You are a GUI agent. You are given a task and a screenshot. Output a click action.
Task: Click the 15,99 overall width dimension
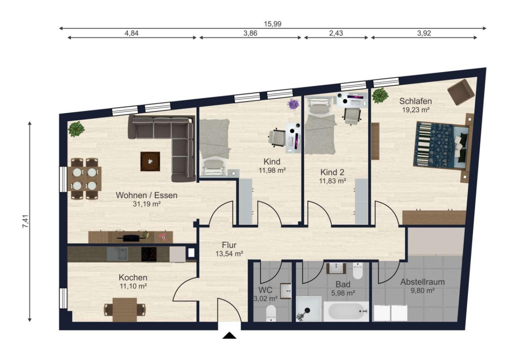point(273,24)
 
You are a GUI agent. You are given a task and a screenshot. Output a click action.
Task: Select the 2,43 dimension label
point(336,33)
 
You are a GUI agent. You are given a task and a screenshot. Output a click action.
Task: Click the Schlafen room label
point(416,101)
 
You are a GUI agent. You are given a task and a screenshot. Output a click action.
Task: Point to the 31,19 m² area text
point(147,204)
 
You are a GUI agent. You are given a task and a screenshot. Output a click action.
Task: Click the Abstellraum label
point(423,282)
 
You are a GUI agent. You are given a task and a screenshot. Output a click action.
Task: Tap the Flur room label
point(229,245)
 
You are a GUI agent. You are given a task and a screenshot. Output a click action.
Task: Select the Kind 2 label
point(332,172)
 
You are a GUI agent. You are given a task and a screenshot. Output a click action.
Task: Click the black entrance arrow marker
point(229,335)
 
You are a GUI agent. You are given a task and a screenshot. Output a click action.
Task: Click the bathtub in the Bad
point(346,311)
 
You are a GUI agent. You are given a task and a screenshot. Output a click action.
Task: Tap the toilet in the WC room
point(271,313)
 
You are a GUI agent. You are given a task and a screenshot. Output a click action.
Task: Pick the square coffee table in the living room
point(150,162)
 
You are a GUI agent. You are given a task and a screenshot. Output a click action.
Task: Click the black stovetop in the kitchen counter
point(149,254)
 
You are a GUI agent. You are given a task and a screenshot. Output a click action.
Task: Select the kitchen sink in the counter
point(117,254)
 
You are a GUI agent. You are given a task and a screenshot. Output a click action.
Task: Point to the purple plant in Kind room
point(293,104)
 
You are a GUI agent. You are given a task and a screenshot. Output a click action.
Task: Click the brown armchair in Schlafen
point(461,92)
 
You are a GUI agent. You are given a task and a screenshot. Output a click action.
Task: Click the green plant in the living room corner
point(76,129)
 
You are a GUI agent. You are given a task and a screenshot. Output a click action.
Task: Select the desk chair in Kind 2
point(352,116)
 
